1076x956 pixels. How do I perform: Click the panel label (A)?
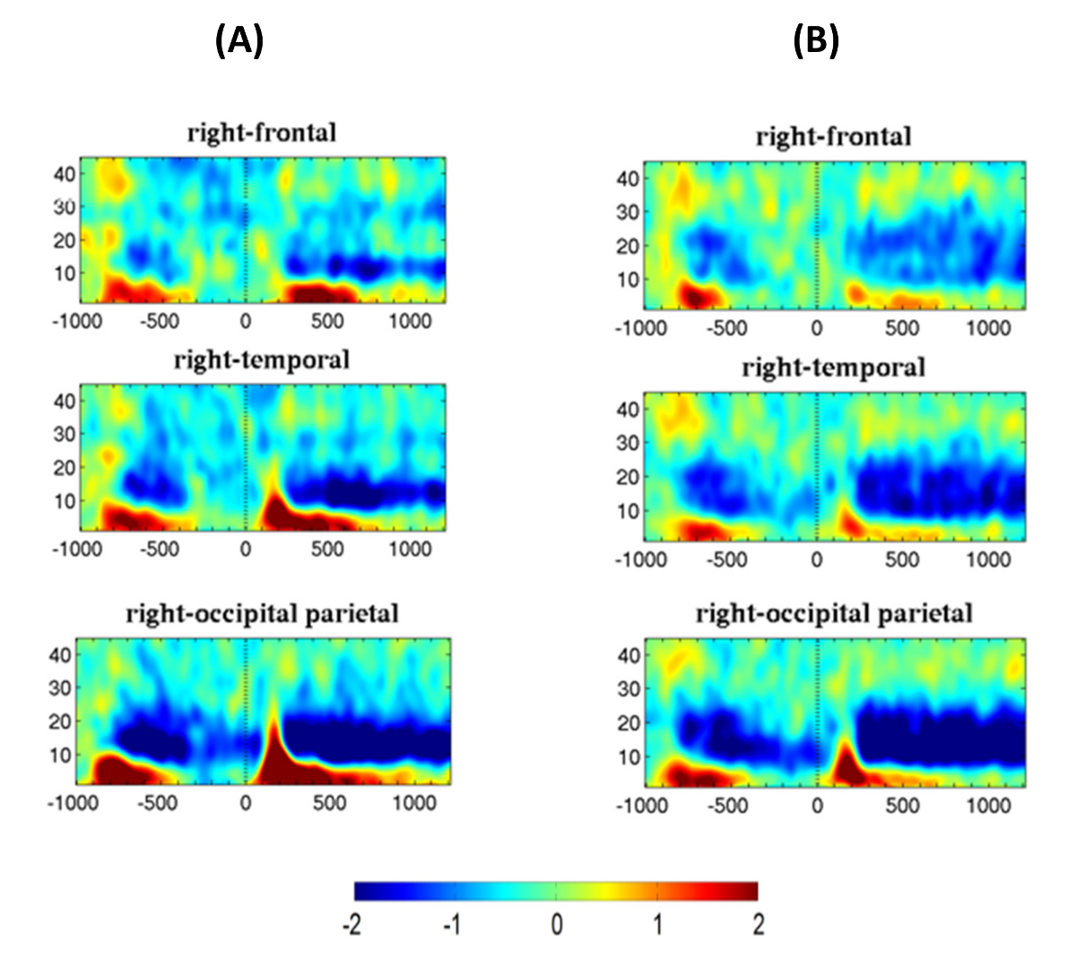[239, 40]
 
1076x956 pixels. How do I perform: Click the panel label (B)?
[816, 40]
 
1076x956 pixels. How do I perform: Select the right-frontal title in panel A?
[262, 133]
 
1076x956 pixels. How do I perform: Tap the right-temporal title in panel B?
[833, 367]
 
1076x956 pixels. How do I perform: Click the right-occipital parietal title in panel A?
[262, 613]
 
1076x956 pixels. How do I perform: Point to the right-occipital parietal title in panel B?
[833, 613]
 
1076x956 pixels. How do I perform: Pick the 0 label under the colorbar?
[556, 924]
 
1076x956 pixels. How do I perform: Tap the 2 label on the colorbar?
[758, 924]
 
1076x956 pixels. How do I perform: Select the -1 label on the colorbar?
[452, 924]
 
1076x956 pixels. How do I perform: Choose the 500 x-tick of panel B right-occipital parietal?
[901, 805]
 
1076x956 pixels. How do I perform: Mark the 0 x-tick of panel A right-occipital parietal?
[246, 803]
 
